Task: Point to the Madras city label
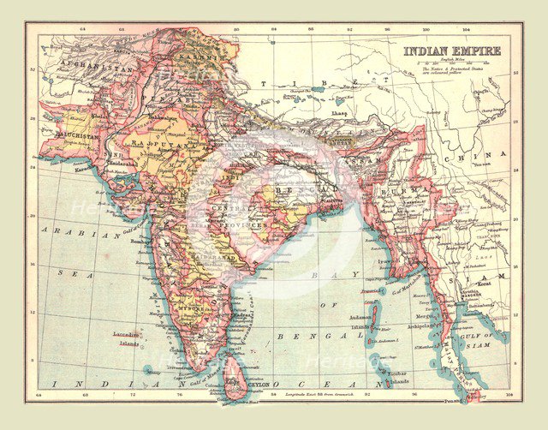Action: pos(224,312)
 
